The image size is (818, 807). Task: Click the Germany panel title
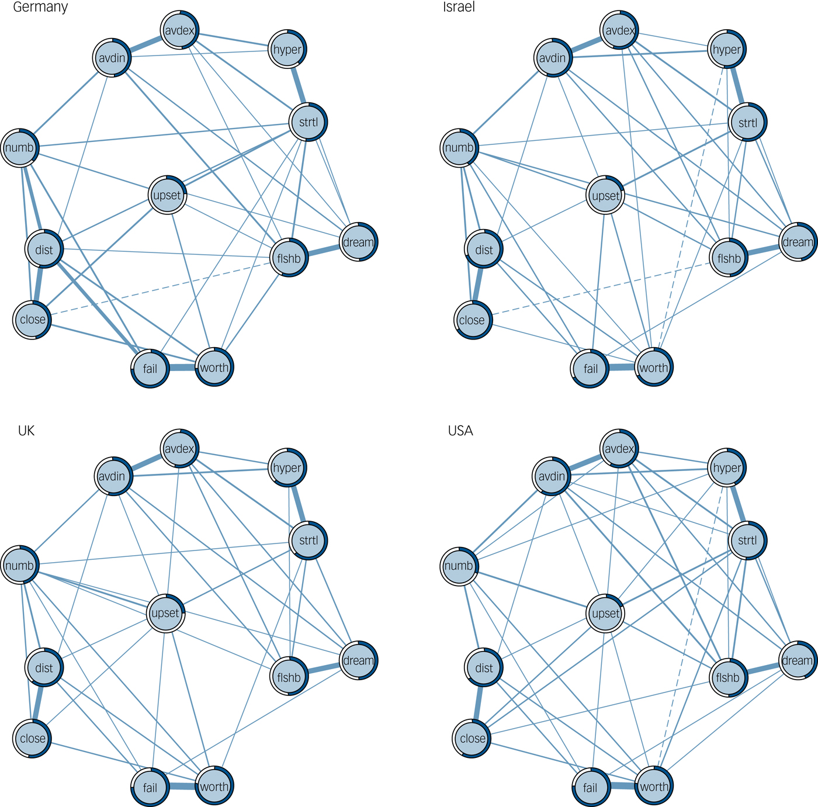point(40,8)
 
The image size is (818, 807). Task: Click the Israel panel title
point(459,8)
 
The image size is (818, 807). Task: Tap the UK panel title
point(26,431)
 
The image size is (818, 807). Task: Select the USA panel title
point(460,431)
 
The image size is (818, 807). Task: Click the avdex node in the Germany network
point(180,30)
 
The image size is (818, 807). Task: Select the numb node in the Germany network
point(20,148)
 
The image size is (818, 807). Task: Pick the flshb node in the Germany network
point(289,258)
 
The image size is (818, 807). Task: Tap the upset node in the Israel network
point(606,195)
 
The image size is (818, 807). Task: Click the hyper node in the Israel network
point(727,50)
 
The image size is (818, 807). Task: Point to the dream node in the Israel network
point(798,242)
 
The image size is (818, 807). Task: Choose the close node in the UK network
point(33,738)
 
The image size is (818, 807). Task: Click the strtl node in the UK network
point(309,541)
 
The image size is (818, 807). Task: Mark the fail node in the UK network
point(150,787)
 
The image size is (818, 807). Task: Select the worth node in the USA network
point(654,787)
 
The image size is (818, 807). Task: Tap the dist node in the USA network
point(484,668)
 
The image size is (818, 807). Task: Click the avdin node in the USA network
point(552,476)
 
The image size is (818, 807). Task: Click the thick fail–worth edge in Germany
point(182,368)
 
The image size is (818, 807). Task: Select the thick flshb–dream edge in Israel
point(764,250)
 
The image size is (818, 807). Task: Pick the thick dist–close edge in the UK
point(39,703)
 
